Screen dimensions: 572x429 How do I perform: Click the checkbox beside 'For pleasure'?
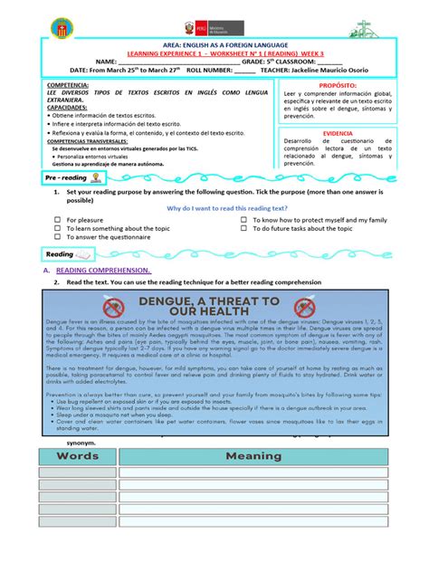point(57,220)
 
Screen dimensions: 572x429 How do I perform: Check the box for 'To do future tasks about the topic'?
point(244,229)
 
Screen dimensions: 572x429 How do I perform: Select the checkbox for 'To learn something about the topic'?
point(57,229)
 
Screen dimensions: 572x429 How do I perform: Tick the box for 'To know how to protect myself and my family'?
point(244,220)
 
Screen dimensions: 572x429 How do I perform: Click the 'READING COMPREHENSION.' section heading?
point(103,270)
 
